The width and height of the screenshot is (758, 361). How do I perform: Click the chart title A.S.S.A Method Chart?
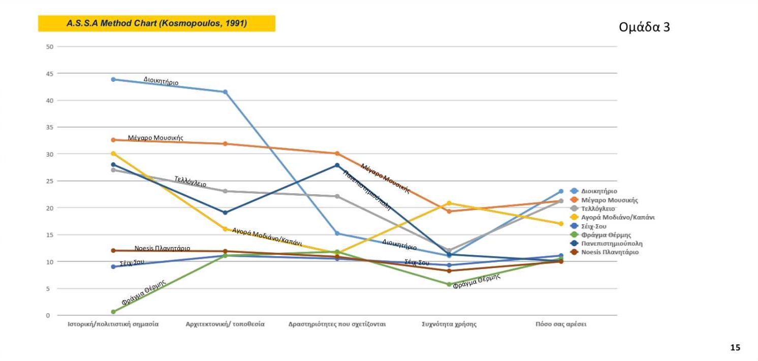156,23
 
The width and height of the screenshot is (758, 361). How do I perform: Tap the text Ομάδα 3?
644,27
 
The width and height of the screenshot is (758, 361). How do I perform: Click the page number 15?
735,348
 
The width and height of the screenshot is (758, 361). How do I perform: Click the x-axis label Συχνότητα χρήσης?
449,324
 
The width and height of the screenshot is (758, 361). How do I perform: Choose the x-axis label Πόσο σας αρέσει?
561,324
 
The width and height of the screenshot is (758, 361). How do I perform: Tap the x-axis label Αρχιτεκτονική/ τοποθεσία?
225,324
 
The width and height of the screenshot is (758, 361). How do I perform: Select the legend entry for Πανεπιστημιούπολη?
612,244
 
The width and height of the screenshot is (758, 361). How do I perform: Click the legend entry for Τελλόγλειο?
597,208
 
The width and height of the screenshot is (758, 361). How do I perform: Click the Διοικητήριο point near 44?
113,79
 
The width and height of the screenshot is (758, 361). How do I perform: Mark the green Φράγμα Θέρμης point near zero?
113,312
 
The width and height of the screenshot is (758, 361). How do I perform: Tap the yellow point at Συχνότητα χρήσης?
449,203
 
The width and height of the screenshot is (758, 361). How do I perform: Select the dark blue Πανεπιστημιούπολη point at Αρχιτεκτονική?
225,213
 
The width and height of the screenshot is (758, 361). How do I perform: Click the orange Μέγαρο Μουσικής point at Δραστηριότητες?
337,154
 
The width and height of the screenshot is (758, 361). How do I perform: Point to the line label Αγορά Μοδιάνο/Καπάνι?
267,236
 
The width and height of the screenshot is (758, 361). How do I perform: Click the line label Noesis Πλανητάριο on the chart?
162,249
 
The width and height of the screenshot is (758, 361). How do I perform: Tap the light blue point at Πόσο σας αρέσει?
561,191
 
